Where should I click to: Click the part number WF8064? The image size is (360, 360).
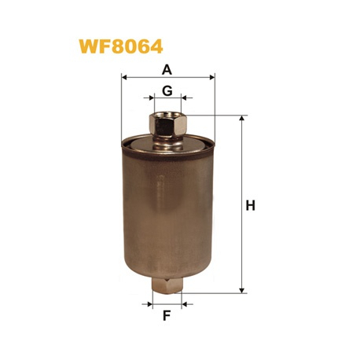click(x=121, y=46)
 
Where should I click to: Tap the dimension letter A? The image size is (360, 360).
click(x=167, y=70)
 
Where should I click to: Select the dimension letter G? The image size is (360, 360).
click(x=167, y=90)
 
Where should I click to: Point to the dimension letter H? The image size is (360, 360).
click(x=250, y=205)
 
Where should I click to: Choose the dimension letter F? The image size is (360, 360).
click(x=167, y=315)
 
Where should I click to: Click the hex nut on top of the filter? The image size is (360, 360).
click(x=168, y=124)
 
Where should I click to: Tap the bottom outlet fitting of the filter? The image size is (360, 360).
click(x=167, y=286)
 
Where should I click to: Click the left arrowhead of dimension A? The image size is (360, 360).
click(x=124, y=77)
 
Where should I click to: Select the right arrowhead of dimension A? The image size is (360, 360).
click(x=212, y=77)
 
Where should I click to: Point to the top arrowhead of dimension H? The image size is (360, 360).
click(x=242, y=118)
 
